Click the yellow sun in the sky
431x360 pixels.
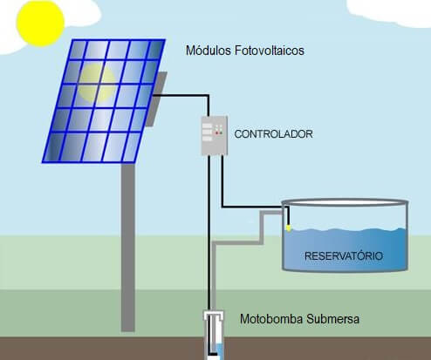point(40,24)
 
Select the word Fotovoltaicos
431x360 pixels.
point(270,51)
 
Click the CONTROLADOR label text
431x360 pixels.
point(273,134)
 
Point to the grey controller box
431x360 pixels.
point(215,135)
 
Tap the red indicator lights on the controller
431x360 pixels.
point(219,132)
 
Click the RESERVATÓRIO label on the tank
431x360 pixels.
point(344,256)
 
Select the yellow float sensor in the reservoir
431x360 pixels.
point(288,228)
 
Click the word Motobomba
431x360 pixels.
point(271,319)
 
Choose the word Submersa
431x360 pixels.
point(333,319)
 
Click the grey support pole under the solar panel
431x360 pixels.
point(128,247)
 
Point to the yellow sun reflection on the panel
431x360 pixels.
point(97,83)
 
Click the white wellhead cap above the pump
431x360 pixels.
point(214,315)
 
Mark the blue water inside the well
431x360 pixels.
point(220,351)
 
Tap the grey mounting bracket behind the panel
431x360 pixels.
point(156,98)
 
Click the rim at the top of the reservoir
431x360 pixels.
point(345,202)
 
